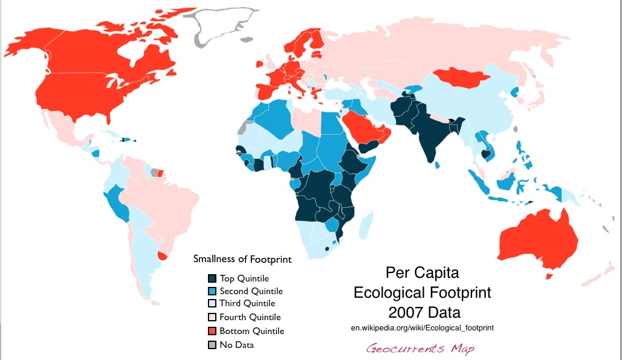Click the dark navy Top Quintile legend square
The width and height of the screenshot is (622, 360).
[x=212, y=278]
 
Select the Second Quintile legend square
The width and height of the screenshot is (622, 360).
[x=212, y=291]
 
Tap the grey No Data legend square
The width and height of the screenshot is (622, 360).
[x=212, y=345]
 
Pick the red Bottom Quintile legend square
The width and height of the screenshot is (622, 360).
[x=212, y=331]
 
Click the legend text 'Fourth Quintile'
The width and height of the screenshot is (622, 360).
[x=250, y=317]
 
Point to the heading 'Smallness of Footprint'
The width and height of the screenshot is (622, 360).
[x=242, y=260]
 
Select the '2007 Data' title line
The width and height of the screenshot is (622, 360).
[x=422, y=313]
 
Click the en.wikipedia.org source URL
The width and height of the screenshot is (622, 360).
[x=422, y=327]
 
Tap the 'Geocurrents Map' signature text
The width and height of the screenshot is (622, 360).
[x=420, y=349]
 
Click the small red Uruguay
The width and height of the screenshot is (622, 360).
[x=162, y=256]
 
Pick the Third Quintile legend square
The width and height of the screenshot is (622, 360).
[x=212, y=304]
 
